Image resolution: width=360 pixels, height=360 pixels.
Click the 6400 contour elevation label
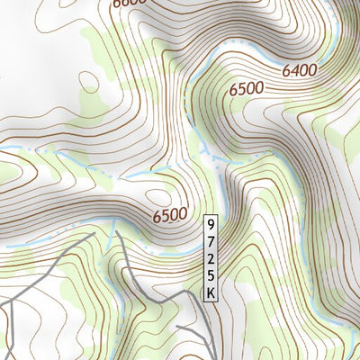[300, 68]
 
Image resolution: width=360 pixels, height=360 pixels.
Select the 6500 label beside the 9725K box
[170, 215]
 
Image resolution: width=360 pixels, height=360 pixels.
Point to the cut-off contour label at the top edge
[130, 4]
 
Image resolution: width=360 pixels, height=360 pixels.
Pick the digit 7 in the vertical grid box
[211, 242]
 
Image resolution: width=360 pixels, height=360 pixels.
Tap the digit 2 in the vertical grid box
[211, 259]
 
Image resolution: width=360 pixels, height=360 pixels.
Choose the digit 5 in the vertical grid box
[211, 275]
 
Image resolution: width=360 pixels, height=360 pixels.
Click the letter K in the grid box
[211, 292]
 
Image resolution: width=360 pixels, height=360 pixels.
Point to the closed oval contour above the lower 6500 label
[158, 194]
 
